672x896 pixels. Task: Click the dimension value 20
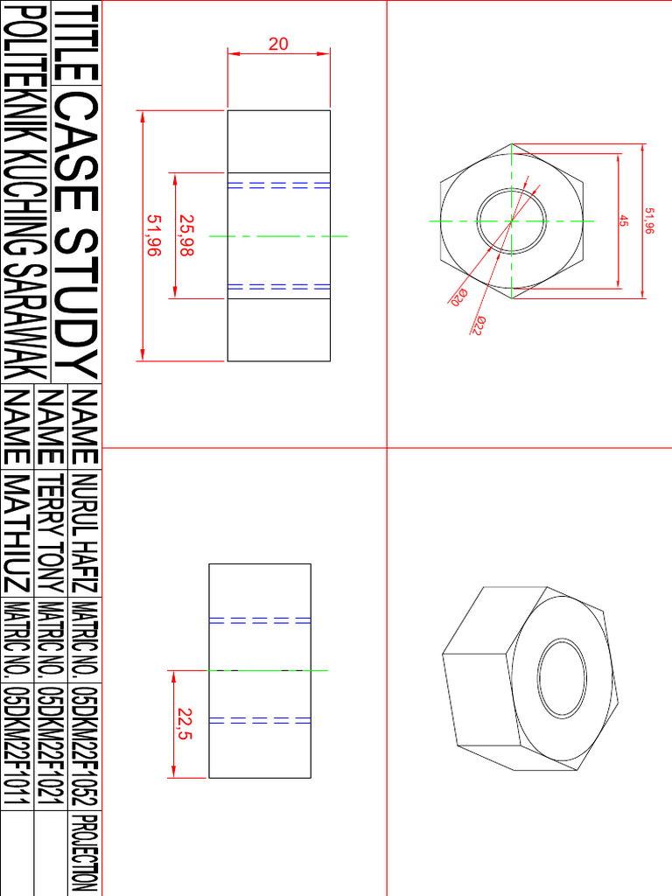pos(278,43)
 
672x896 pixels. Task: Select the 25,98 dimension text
pos(185,235)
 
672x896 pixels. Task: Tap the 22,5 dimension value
pos(185,724)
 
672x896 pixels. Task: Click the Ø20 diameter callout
pos(456,297)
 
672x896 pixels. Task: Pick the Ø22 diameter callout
pos(479,325)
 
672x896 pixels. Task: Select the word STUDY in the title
pos(77,302)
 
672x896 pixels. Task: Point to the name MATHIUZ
pos(18,534)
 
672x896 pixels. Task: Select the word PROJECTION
pos(85,853)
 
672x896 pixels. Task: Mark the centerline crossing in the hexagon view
pos(511,220)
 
